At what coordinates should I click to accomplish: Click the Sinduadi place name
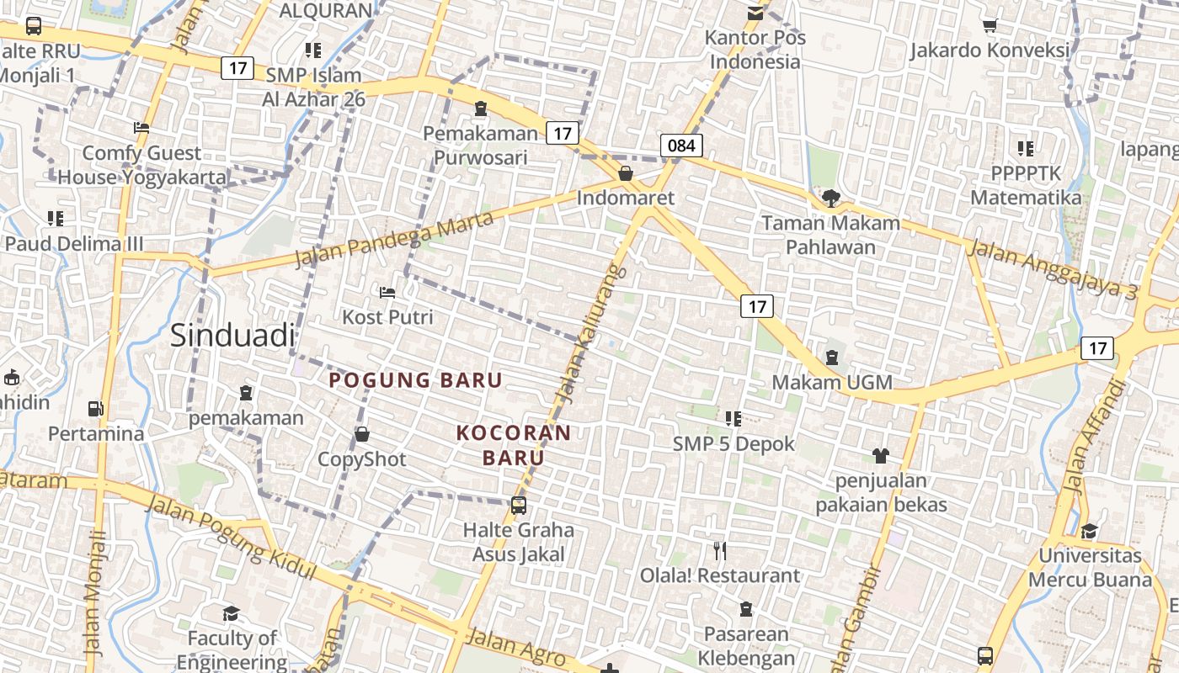(x=232, y=335)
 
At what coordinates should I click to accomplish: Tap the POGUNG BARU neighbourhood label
(x=415, y=380)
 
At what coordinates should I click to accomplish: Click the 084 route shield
(x=681, y=146)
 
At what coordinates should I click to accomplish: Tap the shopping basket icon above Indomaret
(x=626, y=174)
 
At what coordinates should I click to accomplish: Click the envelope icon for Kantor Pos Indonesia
(x=755, y=13)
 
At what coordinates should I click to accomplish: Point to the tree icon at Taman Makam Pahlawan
(x=831, y=199)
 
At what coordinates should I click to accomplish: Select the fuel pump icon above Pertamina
(x=96, y=409)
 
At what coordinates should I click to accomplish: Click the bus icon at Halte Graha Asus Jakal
(x=519, y=506)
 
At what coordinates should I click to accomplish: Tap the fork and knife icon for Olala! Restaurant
(x=720, y=551)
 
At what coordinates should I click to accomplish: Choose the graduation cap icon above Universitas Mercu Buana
(x=1089, y=531)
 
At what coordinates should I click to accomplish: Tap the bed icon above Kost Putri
(x=387, y=292)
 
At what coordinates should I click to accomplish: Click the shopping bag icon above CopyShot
(x=362, y=434)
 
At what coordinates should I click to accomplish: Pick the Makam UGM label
(x=832, y=382)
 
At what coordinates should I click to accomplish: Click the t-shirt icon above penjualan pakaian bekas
(x=880, y=456)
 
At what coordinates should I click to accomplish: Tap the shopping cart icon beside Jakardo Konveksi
(x=990, y=25)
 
